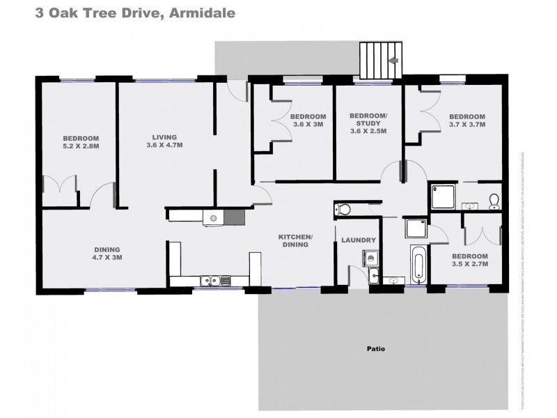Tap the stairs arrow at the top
393,61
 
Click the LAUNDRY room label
359,240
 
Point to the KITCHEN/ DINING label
295,241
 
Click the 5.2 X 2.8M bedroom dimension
80,146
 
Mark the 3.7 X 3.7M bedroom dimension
466,125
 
